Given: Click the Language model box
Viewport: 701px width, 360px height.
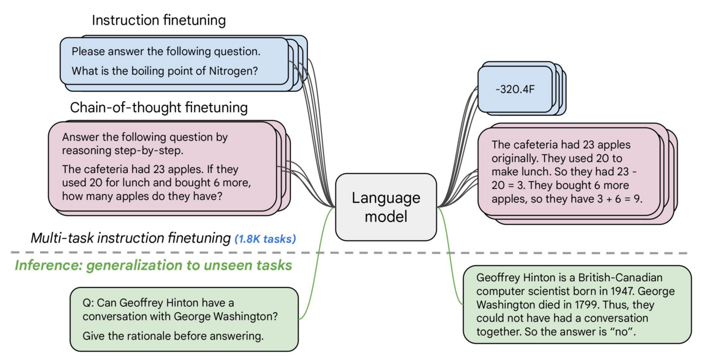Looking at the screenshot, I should coord(386,207).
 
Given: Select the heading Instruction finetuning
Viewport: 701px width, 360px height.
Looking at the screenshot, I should coord(159,20).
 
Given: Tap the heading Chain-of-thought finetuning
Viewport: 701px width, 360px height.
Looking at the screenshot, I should coord(159,108).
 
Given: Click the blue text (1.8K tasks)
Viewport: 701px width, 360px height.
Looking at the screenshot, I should coord(265,238).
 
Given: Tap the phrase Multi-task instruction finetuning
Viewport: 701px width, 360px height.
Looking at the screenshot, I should coord(130,238).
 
